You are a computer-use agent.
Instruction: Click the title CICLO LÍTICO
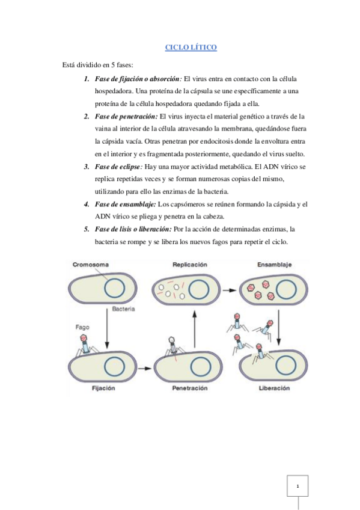coord(191,48)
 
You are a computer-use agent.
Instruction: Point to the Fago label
coord(84,328)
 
